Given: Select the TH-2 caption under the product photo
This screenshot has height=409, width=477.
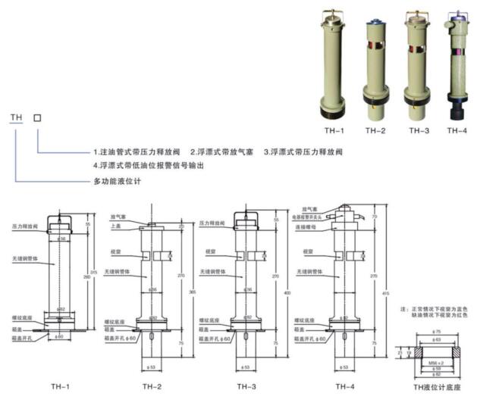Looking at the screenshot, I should coord(375,130).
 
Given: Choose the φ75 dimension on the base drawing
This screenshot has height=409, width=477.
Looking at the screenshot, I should coord(437,333).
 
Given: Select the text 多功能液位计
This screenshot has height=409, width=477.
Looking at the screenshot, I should coord(111,182).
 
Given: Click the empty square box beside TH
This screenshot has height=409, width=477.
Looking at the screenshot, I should coord(38,118).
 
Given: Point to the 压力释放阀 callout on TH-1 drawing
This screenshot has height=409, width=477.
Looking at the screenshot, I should coord(25,226).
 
